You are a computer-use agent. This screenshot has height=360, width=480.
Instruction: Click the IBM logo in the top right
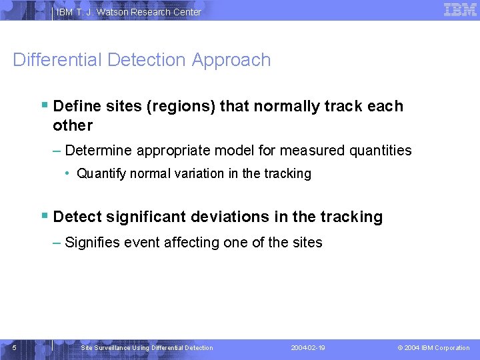tap(460, 9)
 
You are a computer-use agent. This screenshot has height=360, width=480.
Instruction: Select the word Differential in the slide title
tap(57, 60)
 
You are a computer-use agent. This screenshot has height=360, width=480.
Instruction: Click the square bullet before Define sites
tap(44, 105)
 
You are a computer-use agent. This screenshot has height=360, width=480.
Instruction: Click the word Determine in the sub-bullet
tap(99, 151)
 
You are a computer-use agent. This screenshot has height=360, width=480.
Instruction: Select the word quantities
tap(380, 151)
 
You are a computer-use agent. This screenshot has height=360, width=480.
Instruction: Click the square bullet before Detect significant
tap(44, 216)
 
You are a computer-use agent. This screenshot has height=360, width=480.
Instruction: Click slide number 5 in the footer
tap(15, 347)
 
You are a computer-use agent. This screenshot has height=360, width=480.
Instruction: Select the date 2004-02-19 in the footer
tap(308, 348)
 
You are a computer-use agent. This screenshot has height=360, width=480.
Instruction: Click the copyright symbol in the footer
tap(400, 348)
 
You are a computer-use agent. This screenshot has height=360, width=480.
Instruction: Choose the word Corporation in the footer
tap(452, 348)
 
